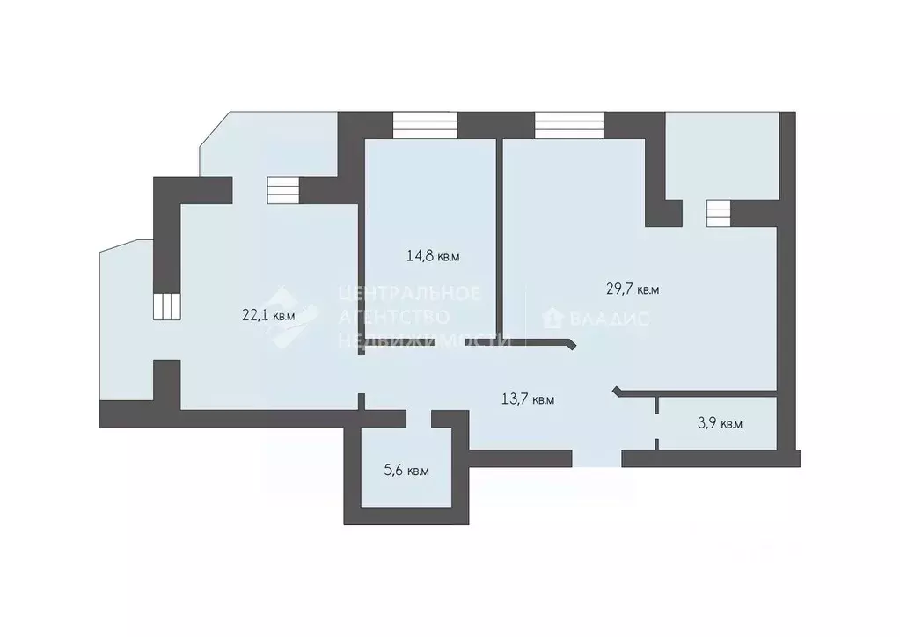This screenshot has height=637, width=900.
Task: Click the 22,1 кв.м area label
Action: (267, 314)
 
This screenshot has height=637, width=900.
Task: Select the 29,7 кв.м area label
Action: (633, 289)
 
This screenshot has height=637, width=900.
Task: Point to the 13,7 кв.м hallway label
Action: (528, 399)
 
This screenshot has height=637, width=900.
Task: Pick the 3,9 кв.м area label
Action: (720, 423)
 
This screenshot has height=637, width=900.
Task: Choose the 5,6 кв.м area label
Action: (406, 471)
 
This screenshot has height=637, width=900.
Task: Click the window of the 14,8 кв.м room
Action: (426, 125)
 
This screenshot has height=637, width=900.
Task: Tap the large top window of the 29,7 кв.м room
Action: (568, 125)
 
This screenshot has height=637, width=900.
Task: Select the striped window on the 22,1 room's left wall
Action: (166, 306)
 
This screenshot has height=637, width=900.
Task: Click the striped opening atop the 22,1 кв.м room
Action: (283, 190)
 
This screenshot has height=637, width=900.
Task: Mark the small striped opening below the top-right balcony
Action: (718, 212)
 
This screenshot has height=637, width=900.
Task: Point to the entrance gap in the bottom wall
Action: (596, 458)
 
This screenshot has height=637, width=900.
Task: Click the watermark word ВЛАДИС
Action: (609, 318)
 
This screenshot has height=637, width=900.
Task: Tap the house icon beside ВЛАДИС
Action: (553, 318)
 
